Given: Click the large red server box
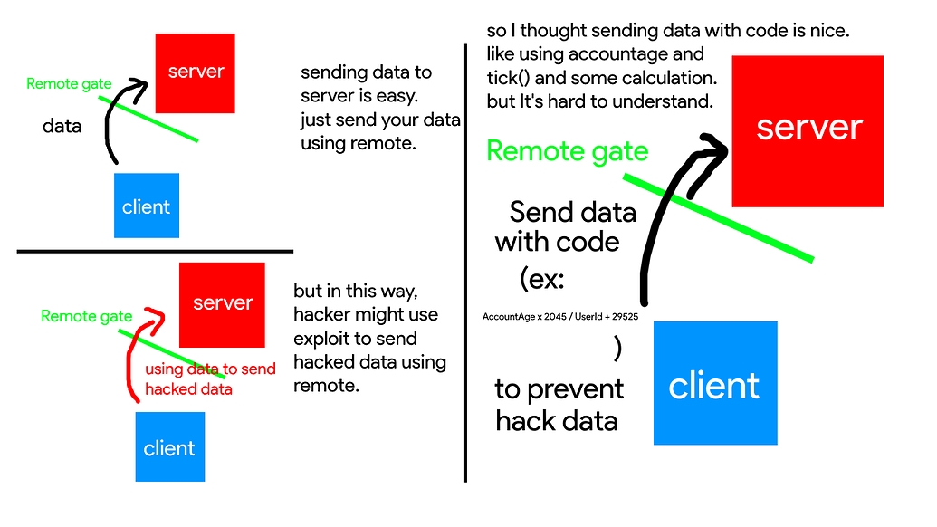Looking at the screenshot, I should [808, 130].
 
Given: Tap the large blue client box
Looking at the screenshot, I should [715, 383].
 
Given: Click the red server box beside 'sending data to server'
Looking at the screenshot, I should [196, 72].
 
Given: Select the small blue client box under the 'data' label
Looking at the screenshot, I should [147, 206].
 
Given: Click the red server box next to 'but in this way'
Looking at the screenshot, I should [223, 304].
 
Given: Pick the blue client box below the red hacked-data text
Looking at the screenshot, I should [170, 446].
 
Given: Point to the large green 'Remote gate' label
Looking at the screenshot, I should [568, 151].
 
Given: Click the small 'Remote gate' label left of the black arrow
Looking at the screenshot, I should [69, 84].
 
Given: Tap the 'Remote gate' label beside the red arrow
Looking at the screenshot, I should [86, 317].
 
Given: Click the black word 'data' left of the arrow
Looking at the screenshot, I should [62, 126].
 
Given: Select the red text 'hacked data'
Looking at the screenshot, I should [188, 389].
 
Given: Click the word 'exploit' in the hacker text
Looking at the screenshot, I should [323, 339].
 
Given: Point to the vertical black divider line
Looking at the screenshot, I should [465, 272].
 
